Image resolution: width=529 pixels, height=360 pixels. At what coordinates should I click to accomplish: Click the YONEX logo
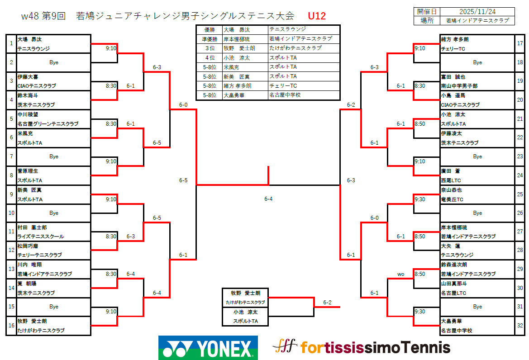pyautogui.click(x=208, y=348)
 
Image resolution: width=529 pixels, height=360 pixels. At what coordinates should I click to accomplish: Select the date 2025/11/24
pyautogui.click(x=477, y=11)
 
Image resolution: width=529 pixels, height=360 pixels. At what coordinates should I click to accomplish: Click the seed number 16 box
pyautogui.click(x=11, y=326)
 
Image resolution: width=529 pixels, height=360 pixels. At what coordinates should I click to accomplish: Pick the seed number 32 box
pyautogui.click(x=519, y=326)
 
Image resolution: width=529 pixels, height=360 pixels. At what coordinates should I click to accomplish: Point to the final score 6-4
pyautogui.click(x=268, y=199)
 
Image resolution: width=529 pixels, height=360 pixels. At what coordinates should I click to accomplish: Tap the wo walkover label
pyautogui.click(x=400, y=274)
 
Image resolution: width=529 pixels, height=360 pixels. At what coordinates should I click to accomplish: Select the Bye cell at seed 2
pyautogui.click(x=54, y=62)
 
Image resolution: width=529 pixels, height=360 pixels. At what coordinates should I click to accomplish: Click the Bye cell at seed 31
pyautogui.click(x=477, y=307)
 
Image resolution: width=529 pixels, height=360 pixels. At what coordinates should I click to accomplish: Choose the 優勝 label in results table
pyautogui.click(x=209, y=29)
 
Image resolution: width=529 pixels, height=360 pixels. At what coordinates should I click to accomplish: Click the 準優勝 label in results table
pyautogui.click(x=209, y=39)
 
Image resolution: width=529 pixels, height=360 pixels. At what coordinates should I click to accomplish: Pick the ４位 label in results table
pyautogui.click(x=209, y=58)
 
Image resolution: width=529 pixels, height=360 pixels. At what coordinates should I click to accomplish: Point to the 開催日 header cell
pyautogui.click(x=427, y=11)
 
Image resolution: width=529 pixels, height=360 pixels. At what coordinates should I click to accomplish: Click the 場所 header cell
pyautogui.click(x=427, y=20)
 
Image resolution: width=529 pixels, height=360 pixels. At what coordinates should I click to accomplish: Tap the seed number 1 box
pyautogui.click(x=11, y=44)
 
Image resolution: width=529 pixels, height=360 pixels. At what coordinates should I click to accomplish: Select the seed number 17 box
pyautogui.click(x=519, y=44)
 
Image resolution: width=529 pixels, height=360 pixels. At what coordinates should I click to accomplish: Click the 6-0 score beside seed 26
pyautogui.click(x=375, y=218)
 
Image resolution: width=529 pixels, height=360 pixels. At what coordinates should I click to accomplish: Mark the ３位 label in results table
pyautogui.click(x=209, y=48)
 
